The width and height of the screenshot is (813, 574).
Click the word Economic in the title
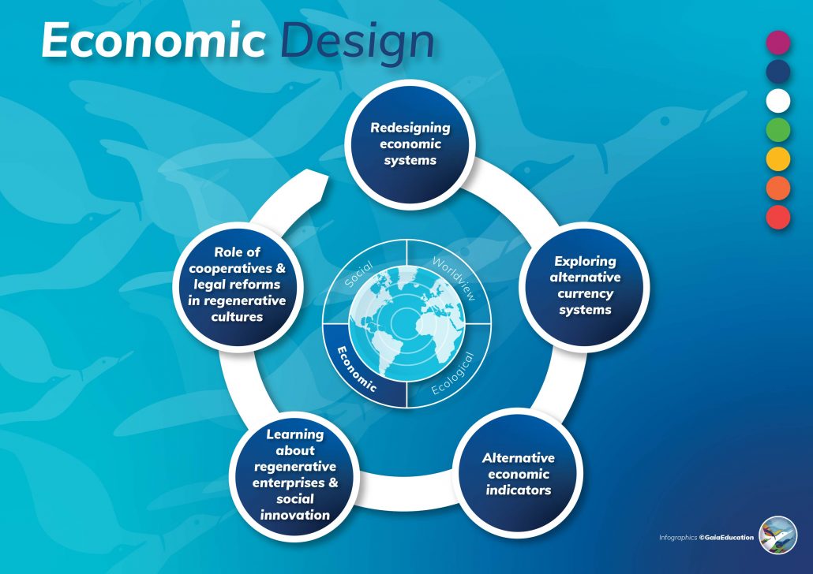coord(153,40)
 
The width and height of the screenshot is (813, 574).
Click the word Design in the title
coord(358,42)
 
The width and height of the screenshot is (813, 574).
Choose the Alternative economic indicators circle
coord(519,473)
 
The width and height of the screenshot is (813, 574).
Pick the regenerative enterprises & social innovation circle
coord(295,474)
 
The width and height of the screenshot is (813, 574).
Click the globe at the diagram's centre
coord(406,323)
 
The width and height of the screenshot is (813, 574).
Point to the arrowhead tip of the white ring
coord(324,178)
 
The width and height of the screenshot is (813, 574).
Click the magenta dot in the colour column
coord(778,43)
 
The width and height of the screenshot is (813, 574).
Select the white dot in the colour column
coord(778,101)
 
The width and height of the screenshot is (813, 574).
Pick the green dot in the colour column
coord(778,130)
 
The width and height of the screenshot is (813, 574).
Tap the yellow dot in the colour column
coord(778,159)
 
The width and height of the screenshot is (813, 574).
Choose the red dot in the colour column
coord(778,217)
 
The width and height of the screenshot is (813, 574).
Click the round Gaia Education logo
coord(778,535)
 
